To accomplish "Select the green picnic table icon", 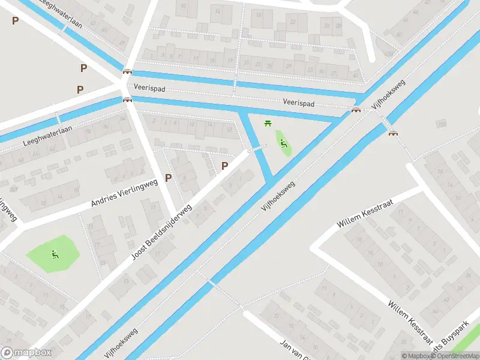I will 268,124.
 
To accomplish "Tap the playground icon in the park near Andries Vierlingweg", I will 54,254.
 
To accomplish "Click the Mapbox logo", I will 26,353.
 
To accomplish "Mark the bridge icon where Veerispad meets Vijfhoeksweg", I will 356,109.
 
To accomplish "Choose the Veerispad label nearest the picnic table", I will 299,103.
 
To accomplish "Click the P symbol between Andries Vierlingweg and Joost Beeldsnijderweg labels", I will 169,178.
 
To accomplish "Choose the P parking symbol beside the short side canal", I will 225,166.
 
